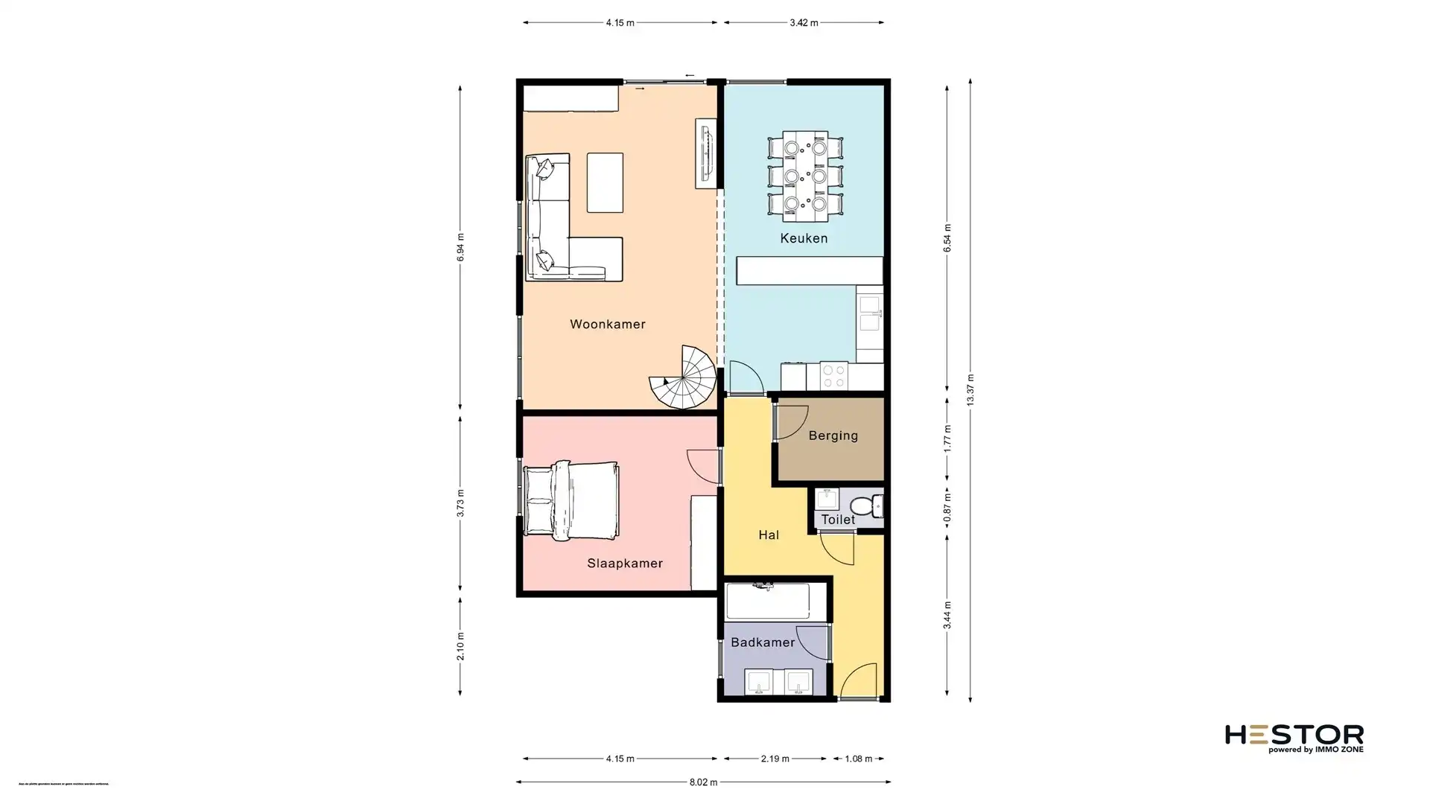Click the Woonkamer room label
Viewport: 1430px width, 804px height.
coord(607,324)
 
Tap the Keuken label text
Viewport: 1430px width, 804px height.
coord(804,238)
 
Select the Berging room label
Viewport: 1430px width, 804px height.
coord(833,435)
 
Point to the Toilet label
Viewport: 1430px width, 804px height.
coord(838,520)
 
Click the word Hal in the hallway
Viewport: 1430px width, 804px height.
coord(769,535)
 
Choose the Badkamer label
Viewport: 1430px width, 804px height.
coord(763,642)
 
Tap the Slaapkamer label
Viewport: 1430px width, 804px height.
coord(624,564)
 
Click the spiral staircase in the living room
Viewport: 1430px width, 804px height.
coord(684,378)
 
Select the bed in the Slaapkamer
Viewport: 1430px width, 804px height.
coord(571,500)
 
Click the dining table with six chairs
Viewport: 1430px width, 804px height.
coord(804,176)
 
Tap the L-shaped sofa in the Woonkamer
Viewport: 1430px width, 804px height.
coord(555,231)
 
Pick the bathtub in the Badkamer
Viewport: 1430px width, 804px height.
coord(767,602)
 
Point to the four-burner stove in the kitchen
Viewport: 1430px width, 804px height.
coord(833,375)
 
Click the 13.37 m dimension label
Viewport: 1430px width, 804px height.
coord(970,389)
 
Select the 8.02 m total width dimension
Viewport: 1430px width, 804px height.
coord(703,782)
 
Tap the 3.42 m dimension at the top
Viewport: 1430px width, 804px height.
coord(804,23)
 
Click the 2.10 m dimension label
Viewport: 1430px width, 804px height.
coord(460,646)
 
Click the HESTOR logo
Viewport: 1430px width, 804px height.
coord(1294,737)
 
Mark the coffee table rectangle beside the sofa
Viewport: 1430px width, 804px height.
coord(604,182)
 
